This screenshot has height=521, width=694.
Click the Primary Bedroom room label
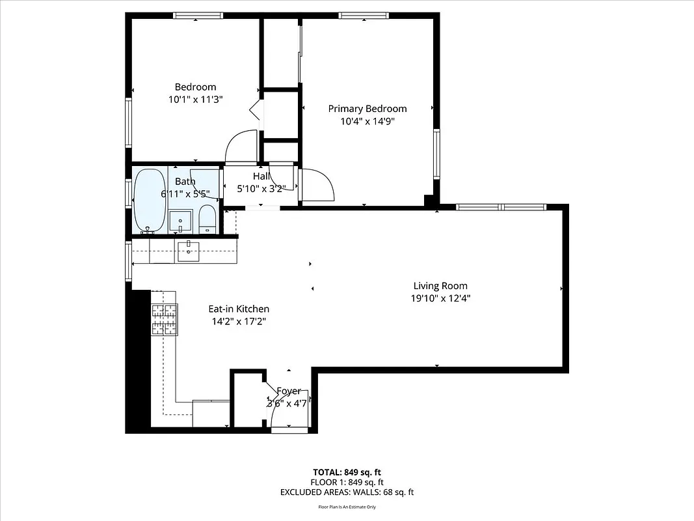coord(367,109)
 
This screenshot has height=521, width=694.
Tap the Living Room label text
coord(440,285)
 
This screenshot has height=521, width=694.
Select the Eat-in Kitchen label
coord(239,309)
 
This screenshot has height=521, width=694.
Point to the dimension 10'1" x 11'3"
coord(195,100)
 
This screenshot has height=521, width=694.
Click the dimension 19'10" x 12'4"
coord(440,298)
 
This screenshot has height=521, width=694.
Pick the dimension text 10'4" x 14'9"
coord(367,121)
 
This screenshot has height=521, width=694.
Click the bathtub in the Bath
coord(150,200)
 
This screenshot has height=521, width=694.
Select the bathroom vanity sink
coord(180,221)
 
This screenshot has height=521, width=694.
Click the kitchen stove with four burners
coord(164,320)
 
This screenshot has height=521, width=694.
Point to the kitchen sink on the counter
coord(188,251)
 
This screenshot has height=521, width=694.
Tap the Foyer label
coord(289,391)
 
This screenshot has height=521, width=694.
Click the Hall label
coord(261,176)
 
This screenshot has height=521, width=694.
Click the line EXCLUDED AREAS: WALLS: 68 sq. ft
coord(347,492)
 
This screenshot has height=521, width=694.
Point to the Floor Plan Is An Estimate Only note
coord(347,507)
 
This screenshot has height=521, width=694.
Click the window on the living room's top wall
coord(501,207)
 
